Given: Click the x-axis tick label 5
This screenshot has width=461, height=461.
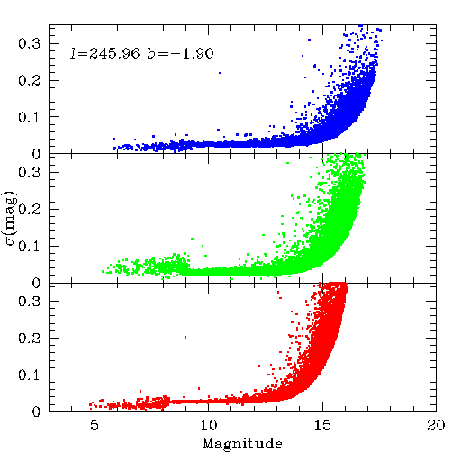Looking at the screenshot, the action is (95, 425).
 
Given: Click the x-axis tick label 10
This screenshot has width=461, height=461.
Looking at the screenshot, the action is (209, 425).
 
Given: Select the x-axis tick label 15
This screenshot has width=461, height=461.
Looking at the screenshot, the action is (322, 425).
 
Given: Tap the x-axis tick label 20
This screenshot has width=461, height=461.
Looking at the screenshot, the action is (436, 425).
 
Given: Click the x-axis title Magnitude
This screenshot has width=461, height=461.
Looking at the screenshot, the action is (242, 444).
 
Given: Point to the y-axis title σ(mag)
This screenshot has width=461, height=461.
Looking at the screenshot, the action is (11, 218).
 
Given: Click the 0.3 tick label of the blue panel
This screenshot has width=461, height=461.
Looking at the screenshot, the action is (29, 43).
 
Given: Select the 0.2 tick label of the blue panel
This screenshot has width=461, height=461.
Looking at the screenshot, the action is (29, 80).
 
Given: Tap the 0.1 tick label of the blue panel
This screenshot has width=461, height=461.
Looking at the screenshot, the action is (29, 117).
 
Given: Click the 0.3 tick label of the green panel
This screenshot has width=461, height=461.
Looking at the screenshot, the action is (29, 172).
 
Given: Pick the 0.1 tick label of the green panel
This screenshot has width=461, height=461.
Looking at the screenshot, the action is (29, 247).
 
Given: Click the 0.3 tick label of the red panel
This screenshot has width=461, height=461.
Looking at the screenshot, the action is (29, 301).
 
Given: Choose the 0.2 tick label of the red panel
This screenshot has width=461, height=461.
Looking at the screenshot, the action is (29, 339).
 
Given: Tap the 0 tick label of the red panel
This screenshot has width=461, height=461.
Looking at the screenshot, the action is (36, 411).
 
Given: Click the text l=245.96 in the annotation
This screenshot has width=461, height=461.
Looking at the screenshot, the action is (105, 53).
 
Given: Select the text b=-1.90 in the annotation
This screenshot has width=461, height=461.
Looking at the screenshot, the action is (180, 53).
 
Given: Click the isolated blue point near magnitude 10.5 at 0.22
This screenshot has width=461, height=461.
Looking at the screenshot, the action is (220, 73).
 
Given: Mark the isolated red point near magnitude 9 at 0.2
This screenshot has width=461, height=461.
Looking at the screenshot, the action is (185, 337).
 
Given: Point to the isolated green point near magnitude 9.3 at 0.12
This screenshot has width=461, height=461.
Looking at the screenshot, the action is (192, 239).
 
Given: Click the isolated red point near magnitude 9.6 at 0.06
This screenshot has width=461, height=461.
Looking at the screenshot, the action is (199, 388).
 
